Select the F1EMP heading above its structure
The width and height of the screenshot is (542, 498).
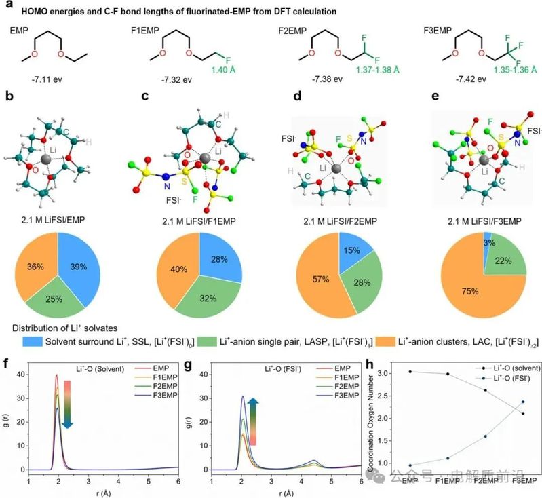coord(147,31)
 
